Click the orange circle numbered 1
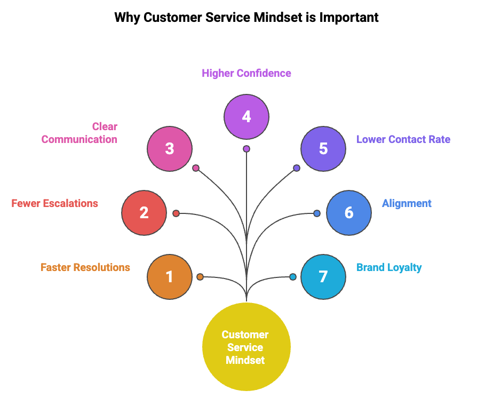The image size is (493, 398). (x=170, y=277)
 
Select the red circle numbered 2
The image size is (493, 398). (x=144, y=213)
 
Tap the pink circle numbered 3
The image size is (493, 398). (x=170, y=148)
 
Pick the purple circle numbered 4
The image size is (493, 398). (x=246, y=116)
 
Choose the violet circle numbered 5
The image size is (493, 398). (x=323, y=148)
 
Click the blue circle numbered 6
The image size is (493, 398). (x=349, y=213)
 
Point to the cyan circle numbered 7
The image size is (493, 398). (x=323, y=277)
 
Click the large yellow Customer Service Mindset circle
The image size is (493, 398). (x=246, y=347)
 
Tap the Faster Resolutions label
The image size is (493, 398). (x=85, y=267)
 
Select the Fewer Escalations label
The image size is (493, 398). (x=55, y=203)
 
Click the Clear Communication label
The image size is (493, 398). (x=80, y=133)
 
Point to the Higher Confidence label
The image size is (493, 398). (x=246, y=73)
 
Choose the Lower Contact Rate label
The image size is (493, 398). (x=403, y=139)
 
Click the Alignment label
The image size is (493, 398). (x=407, y=203)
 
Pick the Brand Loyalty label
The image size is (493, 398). (x=389, y=267)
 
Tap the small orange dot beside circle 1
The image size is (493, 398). (x=200, y=277)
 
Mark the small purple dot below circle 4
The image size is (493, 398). (x=246, y=149)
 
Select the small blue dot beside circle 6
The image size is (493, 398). (x=317, y=213)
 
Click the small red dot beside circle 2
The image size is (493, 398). (x=176, y=213)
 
